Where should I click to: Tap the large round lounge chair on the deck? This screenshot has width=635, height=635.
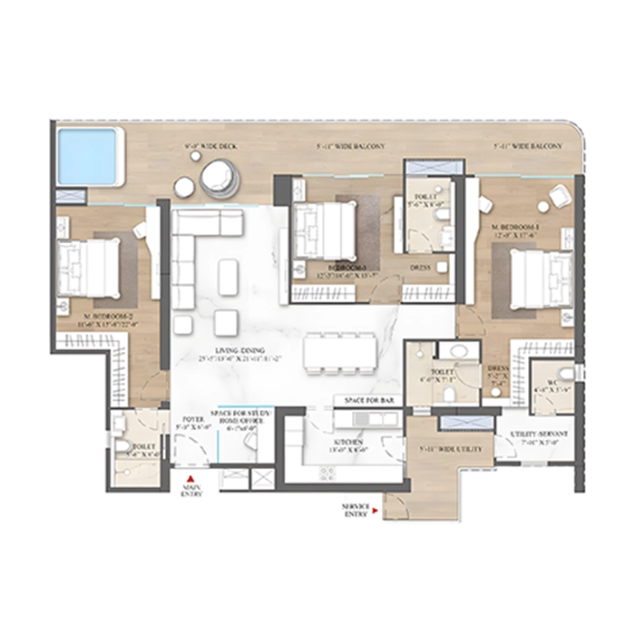pyautogui.click(x=218, y=178)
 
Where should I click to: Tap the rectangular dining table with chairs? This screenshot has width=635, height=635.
pyautogui.click(x=339, y=350)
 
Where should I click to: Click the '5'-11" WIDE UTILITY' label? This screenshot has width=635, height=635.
pyautogui.click(x=447, y=448)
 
